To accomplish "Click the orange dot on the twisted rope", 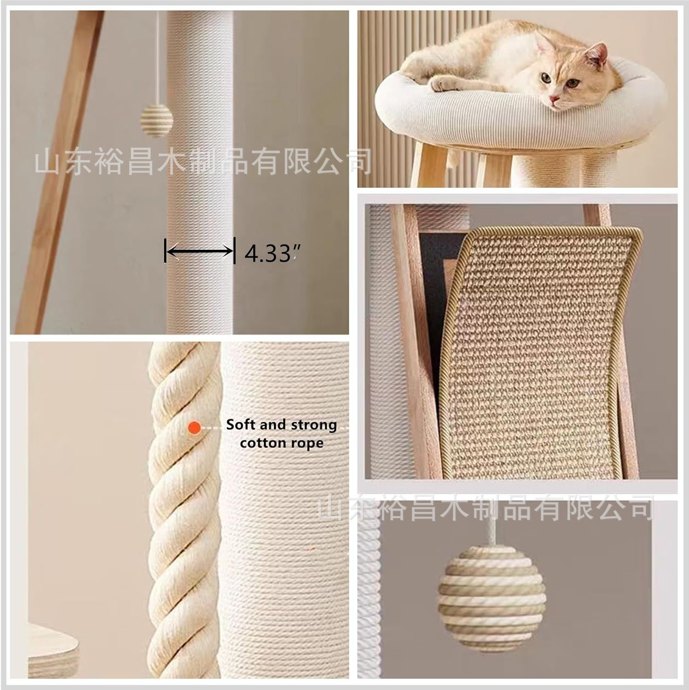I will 194,428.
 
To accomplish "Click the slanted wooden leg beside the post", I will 60,170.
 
